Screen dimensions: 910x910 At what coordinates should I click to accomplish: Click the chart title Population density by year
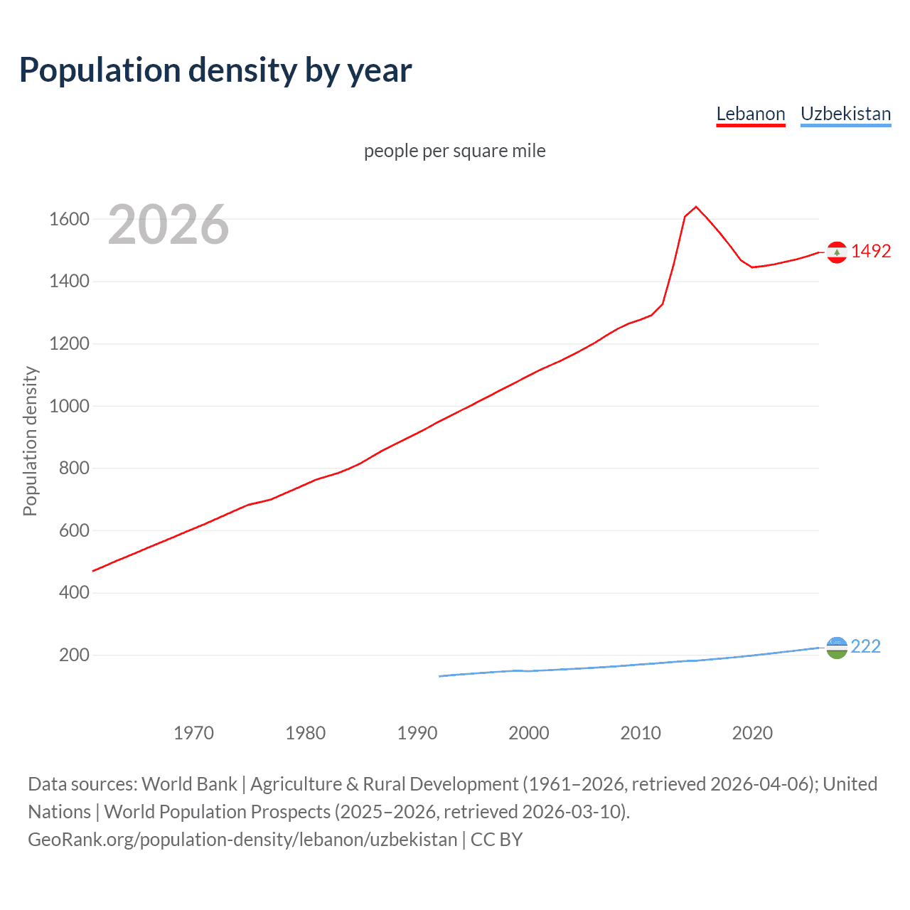point(215,70)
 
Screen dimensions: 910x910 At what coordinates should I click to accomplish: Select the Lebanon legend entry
point(750,114)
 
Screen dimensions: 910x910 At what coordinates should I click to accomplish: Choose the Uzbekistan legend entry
point(845,114)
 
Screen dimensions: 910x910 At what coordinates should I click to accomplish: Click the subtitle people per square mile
point(454,151)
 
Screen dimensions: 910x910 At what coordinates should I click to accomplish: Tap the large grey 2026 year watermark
point(168,225)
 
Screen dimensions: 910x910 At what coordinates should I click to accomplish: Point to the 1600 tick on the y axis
point(69,219)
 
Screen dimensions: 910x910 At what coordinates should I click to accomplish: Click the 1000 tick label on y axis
point(69,406)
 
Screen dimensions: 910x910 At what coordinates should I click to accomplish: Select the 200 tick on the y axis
point(74,655)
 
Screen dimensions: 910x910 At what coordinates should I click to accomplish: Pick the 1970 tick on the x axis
point(193,733)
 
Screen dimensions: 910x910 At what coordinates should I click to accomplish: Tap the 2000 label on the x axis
point(528,733)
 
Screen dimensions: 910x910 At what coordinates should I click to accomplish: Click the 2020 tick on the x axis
point(752,733)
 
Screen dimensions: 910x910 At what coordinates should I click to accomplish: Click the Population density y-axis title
point(30,441)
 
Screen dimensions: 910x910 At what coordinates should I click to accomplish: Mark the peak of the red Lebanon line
point(696,207)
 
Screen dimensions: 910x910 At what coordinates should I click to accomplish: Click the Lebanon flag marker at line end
point(837,252)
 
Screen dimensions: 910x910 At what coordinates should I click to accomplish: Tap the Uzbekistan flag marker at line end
point(837,647)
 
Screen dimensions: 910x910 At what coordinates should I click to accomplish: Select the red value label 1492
point(871,251)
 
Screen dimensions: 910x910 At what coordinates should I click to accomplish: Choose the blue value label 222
point(865,646)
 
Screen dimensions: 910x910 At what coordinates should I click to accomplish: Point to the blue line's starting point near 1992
point(440,676)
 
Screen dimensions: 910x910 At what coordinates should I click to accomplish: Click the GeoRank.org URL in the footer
point(242,840)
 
